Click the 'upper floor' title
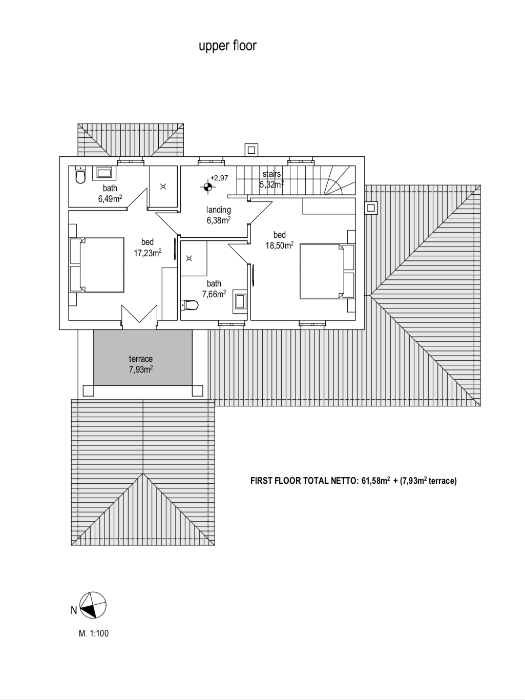227,46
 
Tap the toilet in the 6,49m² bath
80,174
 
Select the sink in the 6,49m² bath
104,173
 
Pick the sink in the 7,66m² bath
240,301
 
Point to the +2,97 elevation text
219,178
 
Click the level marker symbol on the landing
207,187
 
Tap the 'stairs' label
271,174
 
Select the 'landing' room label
218,210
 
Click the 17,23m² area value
148,253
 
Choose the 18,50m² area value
280,245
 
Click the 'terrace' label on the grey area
140,359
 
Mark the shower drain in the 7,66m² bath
188,258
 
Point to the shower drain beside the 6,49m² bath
163,187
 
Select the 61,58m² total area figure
375,481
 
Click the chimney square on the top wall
251,150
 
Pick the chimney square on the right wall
371,208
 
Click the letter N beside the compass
74,610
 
